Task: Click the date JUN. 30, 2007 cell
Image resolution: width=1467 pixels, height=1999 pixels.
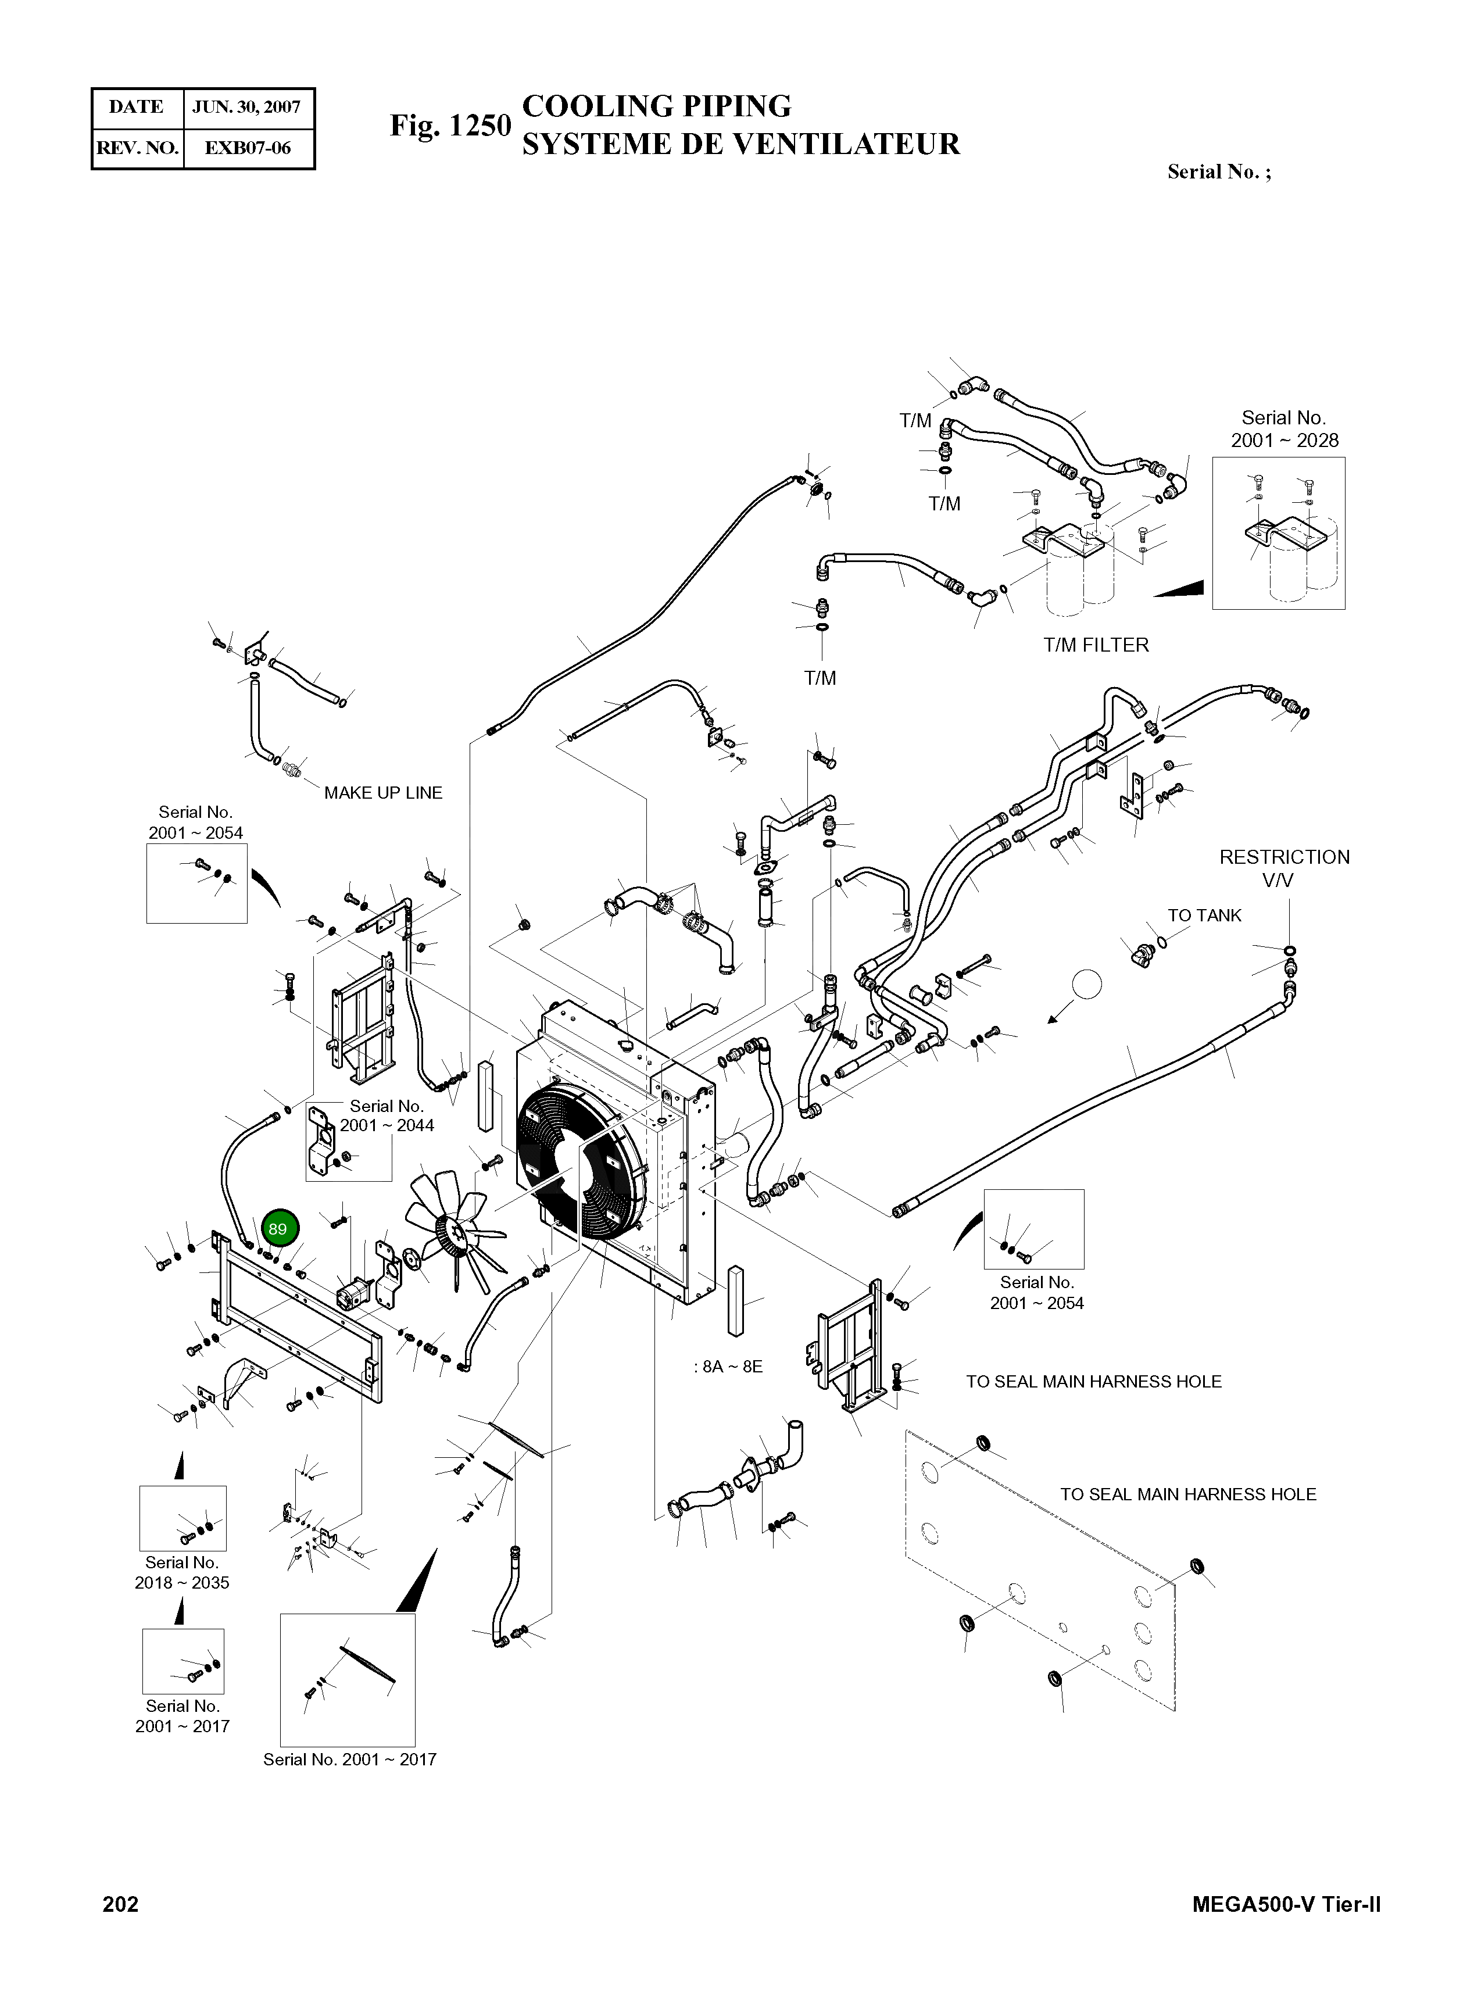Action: (x=247, y=108)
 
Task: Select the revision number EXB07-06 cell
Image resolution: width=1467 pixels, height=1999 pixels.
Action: (x=247, y=148)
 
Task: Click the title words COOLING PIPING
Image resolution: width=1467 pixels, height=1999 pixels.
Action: (x=656, y=106)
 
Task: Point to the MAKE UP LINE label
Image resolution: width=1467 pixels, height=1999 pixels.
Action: (x=383, y=793)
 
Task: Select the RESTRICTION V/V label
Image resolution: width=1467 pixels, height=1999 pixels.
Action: (x=1284, y=868)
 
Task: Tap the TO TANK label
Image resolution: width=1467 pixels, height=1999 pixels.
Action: (x=1204, y=916)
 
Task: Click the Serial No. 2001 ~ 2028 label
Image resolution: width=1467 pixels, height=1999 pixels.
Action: (x=1284, y=429)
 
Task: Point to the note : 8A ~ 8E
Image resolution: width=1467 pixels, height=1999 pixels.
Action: (x=728, y=1367)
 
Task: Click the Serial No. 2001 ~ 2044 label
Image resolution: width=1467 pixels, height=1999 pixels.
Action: (x=387, y=1115)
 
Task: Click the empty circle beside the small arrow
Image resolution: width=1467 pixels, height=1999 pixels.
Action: (x=1087, y=984)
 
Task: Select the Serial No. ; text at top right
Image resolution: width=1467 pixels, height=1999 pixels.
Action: (x=1218, y=172)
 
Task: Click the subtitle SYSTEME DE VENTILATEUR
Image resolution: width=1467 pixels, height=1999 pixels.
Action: (x=740, y=144)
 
